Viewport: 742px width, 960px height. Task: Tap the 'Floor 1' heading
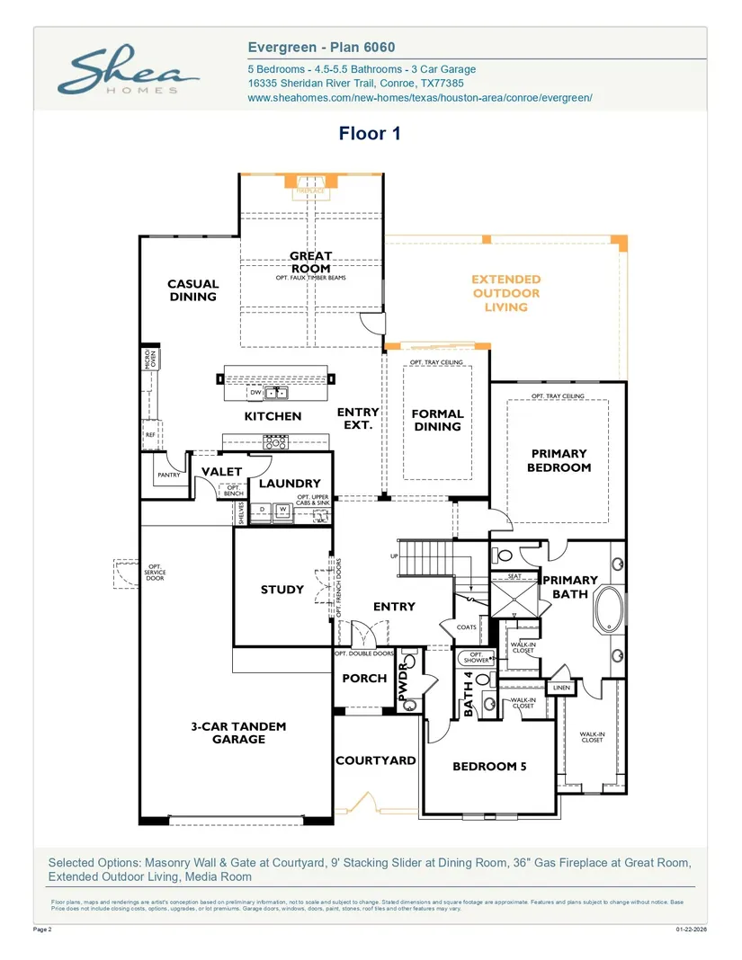tap(369, 134)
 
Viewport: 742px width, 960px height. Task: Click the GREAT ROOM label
tap(311, 262)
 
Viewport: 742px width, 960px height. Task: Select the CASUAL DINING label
tap(192, 290)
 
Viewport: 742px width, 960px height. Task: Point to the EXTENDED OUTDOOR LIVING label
tap(506, 293)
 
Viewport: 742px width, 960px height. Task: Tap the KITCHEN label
tap(273, 416)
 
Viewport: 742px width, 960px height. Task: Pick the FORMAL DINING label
tap(437, 420)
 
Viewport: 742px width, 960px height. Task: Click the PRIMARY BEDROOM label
tap(559, 460)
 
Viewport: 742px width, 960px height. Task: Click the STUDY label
tap(282, 590)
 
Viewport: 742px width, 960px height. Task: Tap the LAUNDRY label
tap(290, 484)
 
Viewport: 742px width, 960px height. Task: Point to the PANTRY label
tap(168, 475)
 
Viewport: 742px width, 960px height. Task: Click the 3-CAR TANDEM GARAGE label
tap(239, 733)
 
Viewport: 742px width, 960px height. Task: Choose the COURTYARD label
tap(376, 760)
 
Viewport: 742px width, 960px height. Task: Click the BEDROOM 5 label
tap(489, 767)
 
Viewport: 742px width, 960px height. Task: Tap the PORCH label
tap(364, 679)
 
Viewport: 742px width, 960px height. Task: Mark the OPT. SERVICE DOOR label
tap(155, 573)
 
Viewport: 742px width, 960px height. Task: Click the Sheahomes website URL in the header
tap(419, 98)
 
